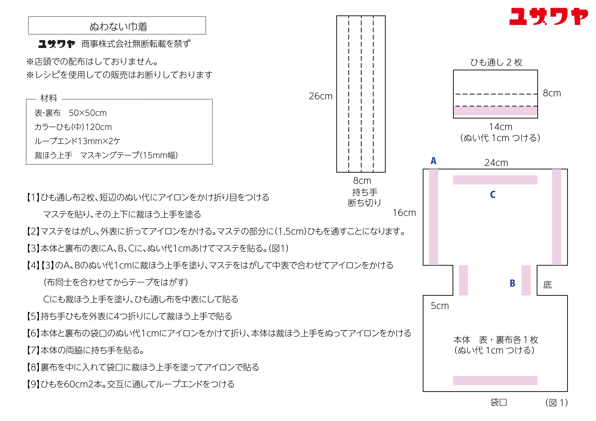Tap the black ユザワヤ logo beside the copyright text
pos(57,44)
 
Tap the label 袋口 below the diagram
pos(498,402)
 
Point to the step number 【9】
pos(33,384)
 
